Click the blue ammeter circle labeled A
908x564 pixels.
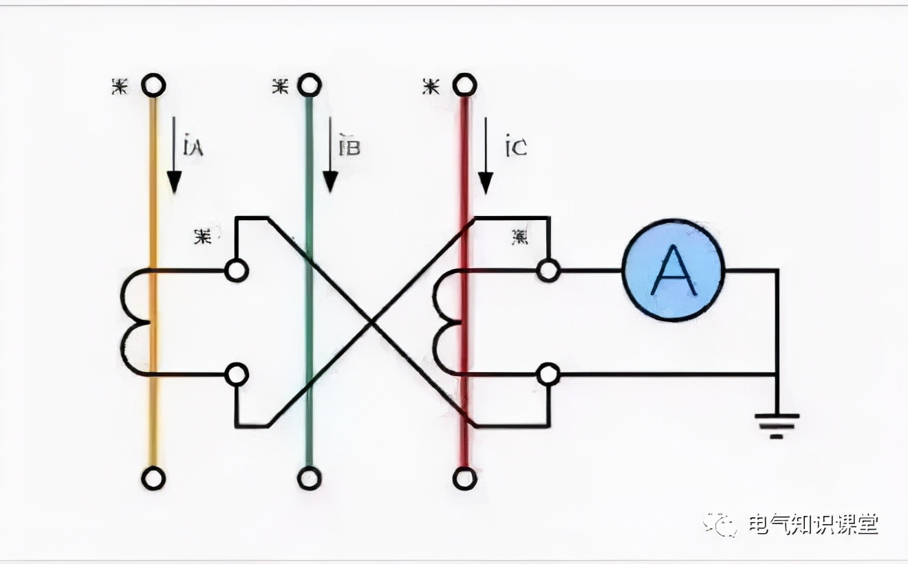coord(673,270)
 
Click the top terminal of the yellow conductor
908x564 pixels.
coord(153,85)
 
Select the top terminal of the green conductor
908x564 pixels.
coord(310,85)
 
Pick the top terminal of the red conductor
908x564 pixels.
coord(465,85)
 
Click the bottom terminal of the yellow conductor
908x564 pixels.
coord(153,477)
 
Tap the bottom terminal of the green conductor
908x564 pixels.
coord(310,477)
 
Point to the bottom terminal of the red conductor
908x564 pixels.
coord(465,477)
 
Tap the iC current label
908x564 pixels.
coord(515,147)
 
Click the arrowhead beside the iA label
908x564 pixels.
coord(174,182)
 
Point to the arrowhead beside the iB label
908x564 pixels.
coord(330,182)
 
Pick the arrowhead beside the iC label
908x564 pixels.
coord(486,182)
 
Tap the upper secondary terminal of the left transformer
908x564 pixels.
coord(236,271)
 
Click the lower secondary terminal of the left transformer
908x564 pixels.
coord(236,375)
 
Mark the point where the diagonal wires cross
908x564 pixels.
coord(371,321)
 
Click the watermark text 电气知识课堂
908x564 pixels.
coord(813,525)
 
